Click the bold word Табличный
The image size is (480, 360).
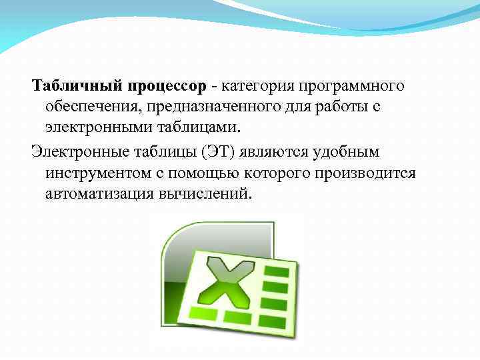click(x=74, y=86)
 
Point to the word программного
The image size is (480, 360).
click(x=353, y=87)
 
